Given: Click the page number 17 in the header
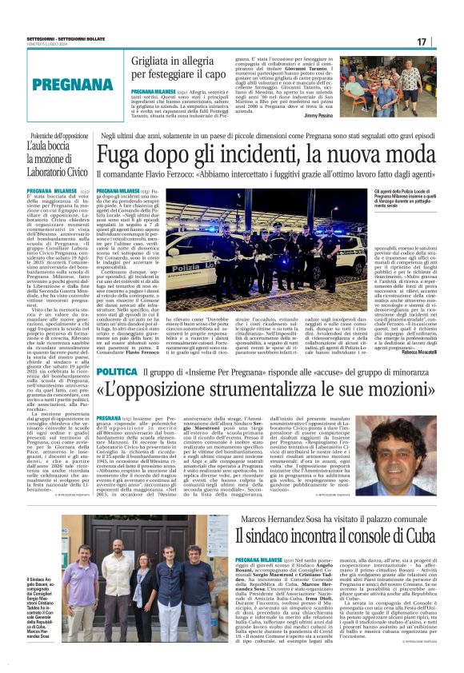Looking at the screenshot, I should click(444, 41).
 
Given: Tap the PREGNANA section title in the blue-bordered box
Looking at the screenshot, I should click(56, 83).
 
